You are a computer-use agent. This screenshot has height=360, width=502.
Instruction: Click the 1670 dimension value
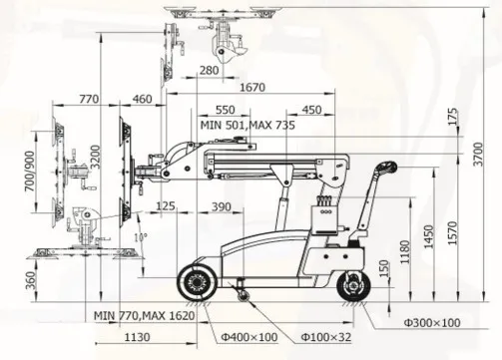click(x=252, y=87)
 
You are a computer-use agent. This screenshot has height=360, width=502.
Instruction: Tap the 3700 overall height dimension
click(x=478, y=155)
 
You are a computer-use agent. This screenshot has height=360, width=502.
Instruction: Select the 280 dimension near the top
click(x=209, y=70)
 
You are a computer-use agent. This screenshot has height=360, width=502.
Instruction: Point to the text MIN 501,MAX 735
click(x=248, y=125)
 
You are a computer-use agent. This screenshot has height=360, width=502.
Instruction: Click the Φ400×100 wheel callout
click(x=250, y=337)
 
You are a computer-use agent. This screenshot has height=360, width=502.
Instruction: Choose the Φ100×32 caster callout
click(x=326, y=337)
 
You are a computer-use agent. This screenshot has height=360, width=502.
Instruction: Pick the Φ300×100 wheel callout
click(x=432, y=322)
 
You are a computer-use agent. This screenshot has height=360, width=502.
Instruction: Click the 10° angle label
click(x=141, y=237)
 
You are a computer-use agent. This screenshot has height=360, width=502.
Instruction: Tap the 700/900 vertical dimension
click(x=30, y=172)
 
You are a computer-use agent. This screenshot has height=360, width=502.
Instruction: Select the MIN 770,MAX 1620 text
click(x=144, y=315)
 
